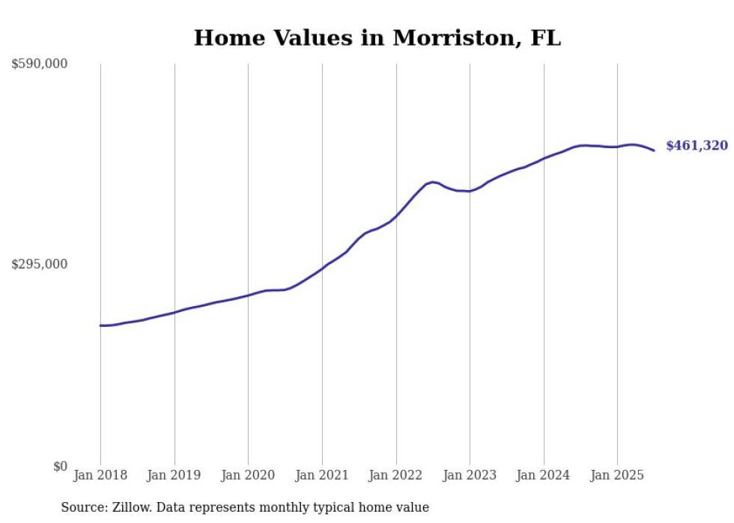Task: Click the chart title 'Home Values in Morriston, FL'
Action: pos(377,38)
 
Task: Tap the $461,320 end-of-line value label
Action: pos(697,146)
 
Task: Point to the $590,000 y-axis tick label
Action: pos(39,64)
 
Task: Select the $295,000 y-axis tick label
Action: pos(39,264)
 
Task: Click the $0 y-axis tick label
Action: pos(59,466)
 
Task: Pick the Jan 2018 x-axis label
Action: pos(100,476)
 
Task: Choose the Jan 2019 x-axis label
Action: pos(175,476)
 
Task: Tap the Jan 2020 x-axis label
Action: pos(248,476)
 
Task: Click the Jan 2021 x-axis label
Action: pos(322,476)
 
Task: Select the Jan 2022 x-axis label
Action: pos(396,476)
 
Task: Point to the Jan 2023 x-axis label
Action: pos(470,476)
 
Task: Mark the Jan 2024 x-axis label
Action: pos(544,476)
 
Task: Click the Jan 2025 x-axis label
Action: pos(617,476)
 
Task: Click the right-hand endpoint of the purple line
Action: pos(654,150)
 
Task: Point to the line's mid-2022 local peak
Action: pos(432,182)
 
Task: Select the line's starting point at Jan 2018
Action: pos(100,325)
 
